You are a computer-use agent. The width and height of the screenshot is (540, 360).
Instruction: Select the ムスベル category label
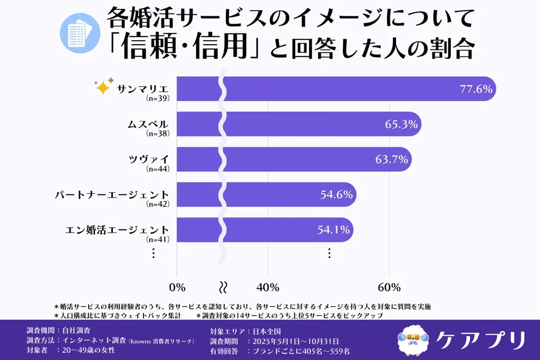149,124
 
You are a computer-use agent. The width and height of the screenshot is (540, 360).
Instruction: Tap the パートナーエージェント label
112,194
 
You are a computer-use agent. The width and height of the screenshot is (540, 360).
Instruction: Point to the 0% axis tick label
177,287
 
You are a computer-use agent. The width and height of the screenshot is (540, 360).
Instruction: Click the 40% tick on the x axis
267,287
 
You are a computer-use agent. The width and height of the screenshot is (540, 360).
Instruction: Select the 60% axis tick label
389,287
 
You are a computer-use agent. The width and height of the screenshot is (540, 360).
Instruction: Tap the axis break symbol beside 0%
223,287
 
